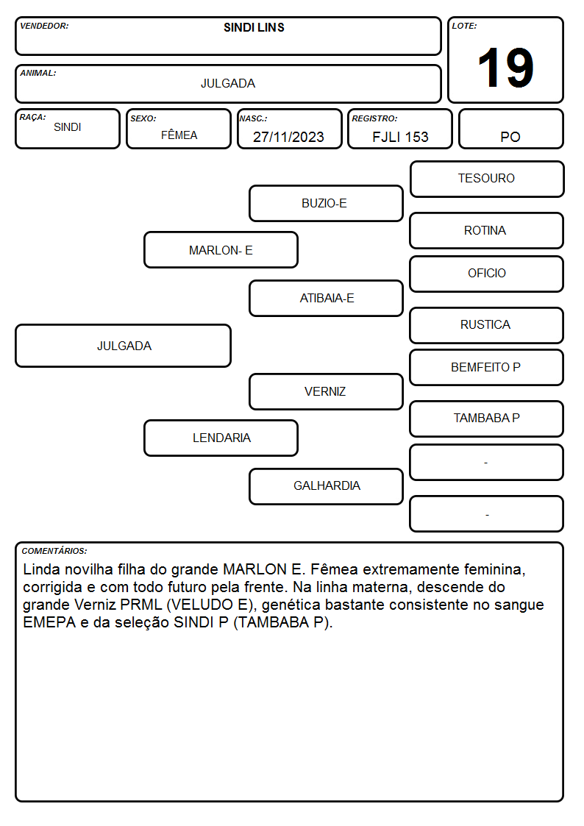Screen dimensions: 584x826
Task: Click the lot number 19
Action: point(505,68)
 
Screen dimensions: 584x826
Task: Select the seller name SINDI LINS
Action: point(254,27)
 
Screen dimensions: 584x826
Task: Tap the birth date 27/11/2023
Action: point(288,137)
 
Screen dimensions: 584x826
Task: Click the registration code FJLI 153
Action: point(400,137)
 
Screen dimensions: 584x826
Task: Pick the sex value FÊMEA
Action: point(179,135)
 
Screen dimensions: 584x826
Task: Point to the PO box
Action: point(510,129)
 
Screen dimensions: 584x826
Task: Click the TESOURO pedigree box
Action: point(487,179)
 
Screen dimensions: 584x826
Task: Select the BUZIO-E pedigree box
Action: point(326,203)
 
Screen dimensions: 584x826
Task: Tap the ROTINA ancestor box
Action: point(487,230)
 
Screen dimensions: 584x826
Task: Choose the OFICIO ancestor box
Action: point(487,274)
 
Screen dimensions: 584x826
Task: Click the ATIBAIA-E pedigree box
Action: point(326,298)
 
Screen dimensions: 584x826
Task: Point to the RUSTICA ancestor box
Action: point(487,325)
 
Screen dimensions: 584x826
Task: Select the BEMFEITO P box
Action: point(487,367)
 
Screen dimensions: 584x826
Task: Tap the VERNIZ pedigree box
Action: point(326,391)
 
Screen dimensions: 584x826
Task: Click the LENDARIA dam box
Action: point(221,438)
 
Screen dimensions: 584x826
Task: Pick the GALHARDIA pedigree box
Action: point(326,486)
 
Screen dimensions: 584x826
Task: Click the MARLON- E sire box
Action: point(221,249)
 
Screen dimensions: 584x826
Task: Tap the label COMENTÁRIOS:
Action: point(54,551)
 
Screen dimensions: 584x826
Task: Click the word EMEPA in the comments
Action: point(49,622)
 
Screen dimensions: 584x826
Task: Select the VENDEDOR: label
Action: point(44,26)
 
